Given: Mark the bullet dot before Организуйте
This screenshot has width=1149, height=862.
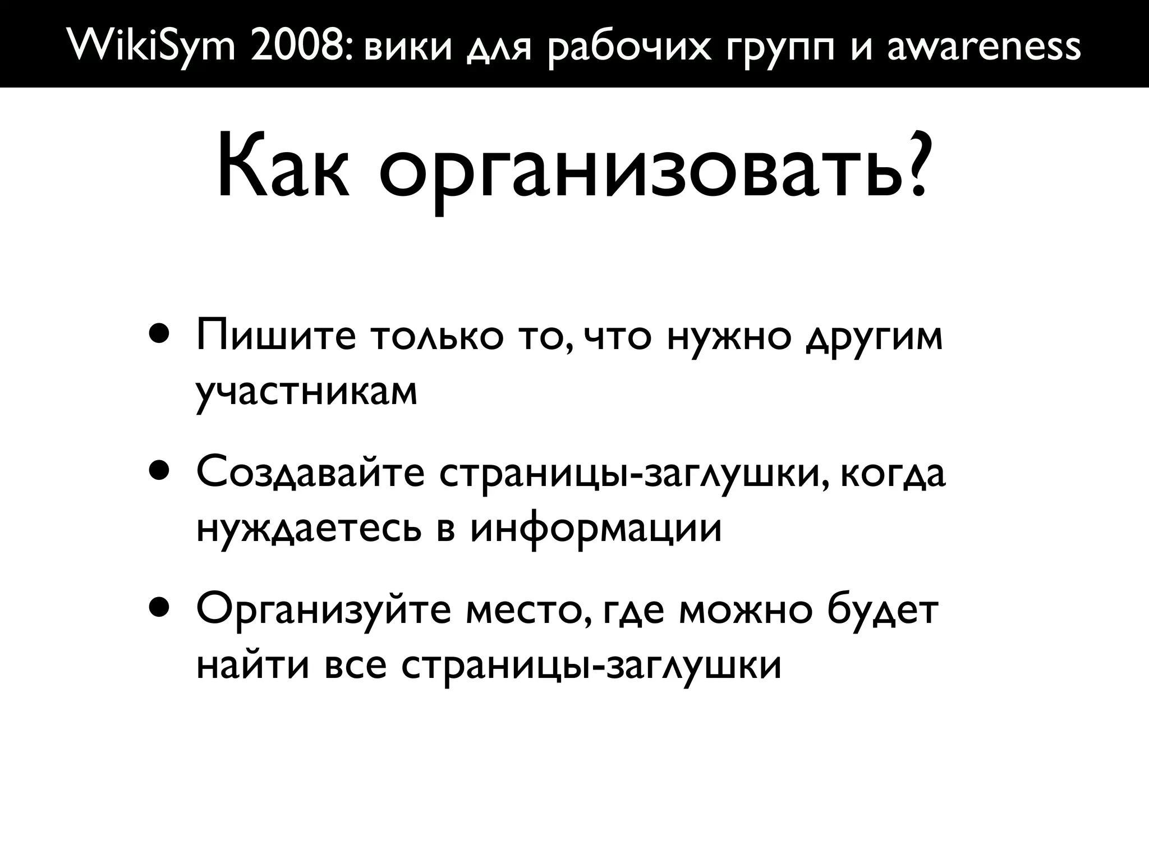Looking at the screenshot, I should pos(159,609).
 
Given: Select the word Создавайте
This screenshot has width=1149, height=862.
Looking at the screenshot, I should pos(311,474).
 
